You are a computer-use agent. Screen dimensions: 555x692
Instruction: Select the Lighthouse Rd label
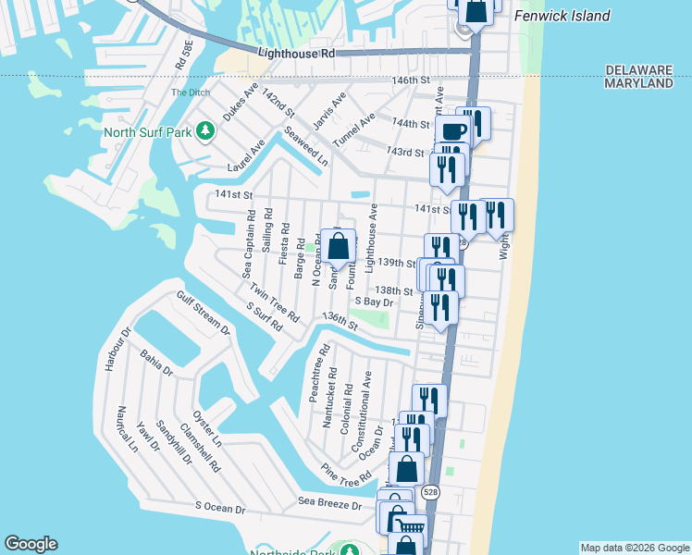point(296,55)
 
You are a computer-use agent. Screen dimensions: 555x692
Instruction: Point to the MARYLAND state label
point(638,83)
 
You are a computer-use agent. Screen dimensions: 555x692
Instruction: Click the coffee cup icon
point(452,130)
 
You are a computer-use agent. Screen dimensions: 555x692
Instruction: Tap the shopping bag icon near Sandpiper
point(339,246)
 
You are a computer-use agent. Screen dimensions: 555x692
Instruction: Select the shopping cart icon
point(407,524)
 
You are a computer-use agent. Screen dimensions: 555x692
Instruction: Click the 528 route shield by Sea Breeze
point(430,493)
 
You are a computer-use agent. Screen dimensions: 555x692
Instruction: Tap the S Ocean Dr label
point(220,508)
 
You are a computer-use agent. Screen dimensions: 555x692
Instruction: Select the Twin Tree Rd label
point(274,303)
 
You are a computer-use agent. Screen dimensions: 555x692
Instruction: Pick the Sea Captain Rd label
point(248,243)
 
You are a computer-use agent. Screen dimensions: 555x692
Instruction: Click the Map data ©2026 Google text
point(635,548)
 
